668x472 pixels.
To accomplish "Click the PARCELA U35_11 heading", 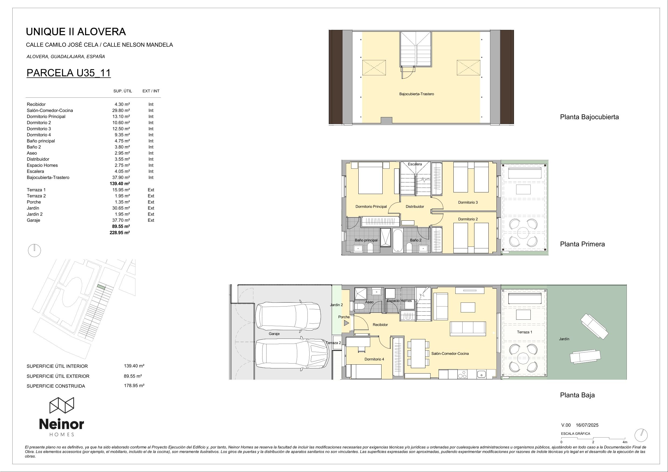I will click(x=69, y=73).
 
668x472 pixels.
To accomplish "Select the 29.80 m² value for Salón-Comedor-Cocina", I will click(x=121, y=111).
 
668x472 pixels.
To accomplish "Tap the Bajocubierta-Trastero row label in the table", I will click(x=48, y=177).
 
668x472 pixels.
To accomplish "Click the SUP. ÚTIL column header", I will click(x=123, y=91).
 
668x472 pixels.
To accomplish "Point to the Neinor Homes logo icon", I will click(x=61, y=406).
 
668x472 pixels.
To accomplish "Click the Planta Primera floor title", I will click(x=582, y=244).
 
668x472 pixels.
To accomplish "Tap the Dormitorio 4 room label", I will click(x=374, y=359).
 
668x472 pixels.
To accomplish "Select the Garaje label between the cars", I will click(x=274, y=334).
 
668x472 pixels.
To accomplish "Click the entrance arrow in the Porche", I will click(x=346, y=323).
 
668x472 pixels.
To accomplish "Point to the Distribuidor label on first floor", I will click(x=415, y=206).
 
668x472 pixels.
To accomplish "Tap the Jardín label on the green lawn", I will click(x=564, y=339).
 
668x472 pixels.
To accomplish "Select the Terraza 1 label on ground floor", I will click(x=524, y=332).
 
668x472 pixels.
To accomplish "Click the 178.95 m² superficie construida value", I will click(x=134, y=386).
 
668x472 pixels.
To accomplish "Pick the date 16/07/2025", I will click(x=587, y=425).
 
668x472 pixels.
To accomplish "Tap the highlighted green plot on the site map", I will click(x=101, y=287).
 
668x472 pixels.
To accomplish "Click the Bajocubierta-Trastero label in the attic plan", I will click(x=416, y=94).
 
